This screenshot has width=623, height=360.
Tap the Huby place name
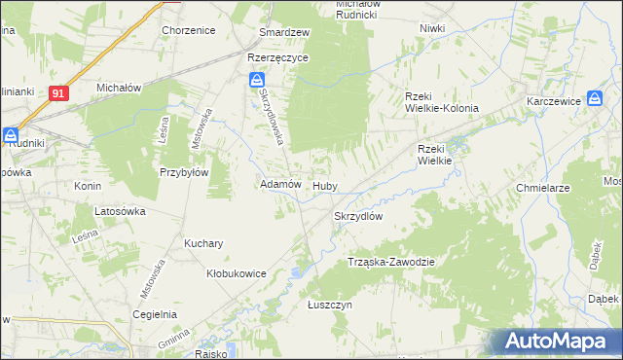point(324,185)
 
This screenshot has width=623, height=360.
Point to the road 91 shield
point(59,92)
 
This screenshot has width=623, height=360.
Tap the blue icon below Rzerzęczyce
point(256,79)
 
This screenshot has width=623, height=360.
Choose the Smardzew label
point(283,32)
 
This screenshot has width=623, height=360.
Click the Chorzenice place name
point(189,30)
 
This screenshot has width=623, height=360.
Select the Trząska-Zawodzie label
point(390,263)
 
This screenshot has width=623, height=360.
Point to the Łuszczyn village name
point(329,305)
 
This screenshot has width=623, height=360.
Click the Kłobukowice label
point(237,273)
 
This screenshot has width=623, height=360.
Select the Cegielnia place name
point(155,314)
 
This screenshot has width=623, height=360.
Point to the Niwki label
point(432,28)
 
